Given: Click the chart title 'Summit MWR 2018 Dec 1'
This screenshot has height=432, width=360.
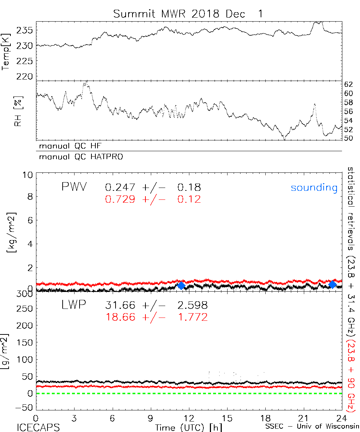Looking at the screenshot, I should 188,14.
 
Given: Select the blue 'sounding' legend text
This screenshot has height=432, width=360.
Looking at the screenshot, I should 314,188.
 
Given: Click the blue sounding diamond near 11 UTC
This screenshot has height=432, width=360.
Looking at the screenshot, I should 181,285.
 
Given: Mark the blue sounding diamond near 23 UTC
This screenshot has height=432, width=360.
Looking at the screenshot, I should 332,284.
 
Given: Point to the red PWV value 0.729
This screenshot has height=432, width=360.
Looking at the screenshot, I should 120,199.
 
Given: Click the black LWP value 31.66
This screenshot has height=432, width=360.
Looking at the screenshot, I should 120,306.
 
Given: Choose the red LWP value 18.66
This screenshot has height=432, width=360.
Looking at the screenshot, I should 120,317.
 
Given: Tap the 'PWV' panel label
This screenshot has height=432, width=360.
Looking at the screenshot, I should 74,187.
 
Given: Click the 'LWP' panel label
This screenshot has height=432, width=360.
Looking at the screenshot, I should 74,305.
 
